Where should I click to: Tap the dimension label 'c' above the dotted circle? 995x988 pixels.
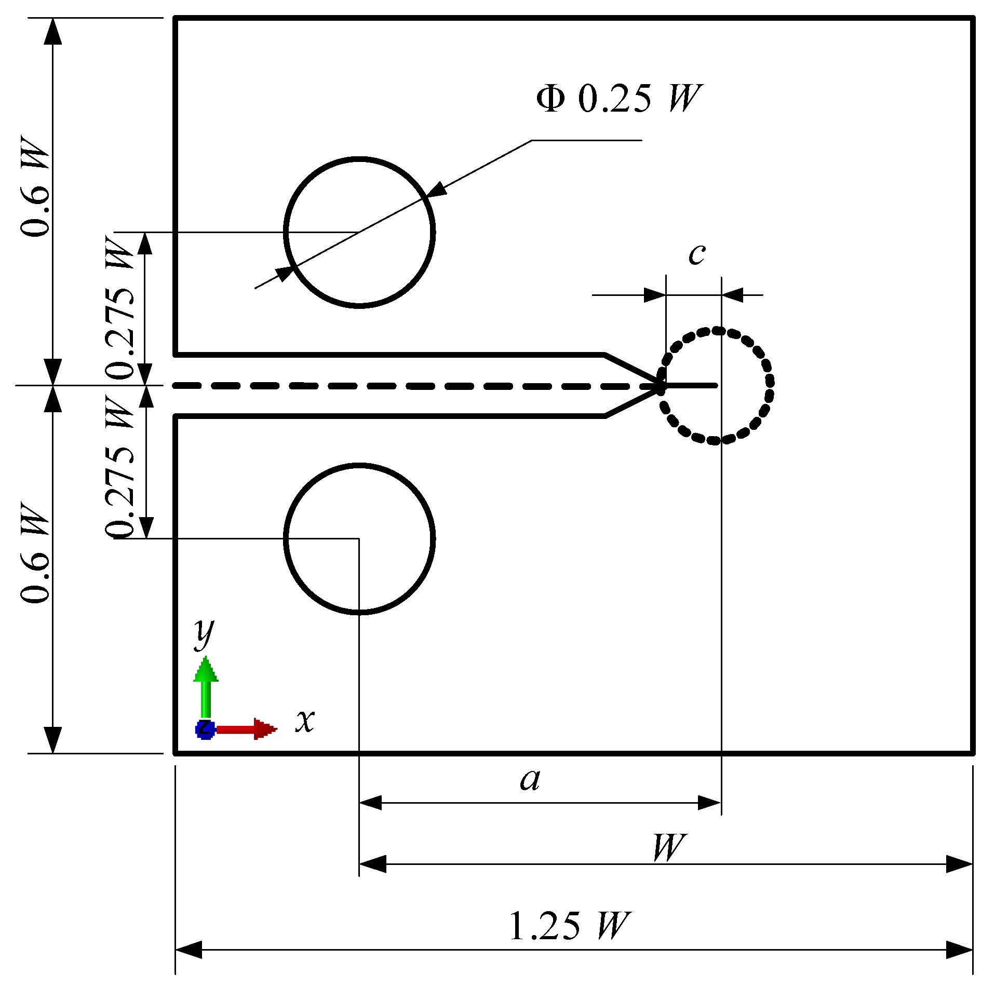[696, 253]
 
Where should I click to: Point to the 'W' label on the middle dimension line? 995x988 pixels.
[668, 847]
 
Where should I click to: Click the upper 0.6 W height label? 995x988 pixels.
[35, 187]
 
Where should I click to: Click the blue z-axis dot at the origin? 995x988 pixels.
[204, 729]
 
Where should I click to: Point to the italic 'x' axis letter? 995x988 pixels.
[305, 721]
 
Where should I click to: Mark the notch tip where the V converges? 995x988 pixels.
[660, 386]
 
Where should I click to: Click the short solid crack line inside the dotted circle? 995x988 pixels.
[691, 385]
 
